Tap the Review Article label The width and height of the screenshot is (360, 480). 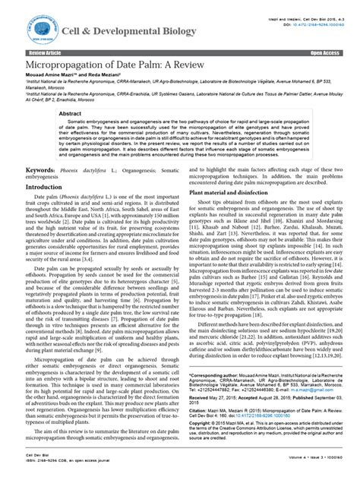tap(45, 54)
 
